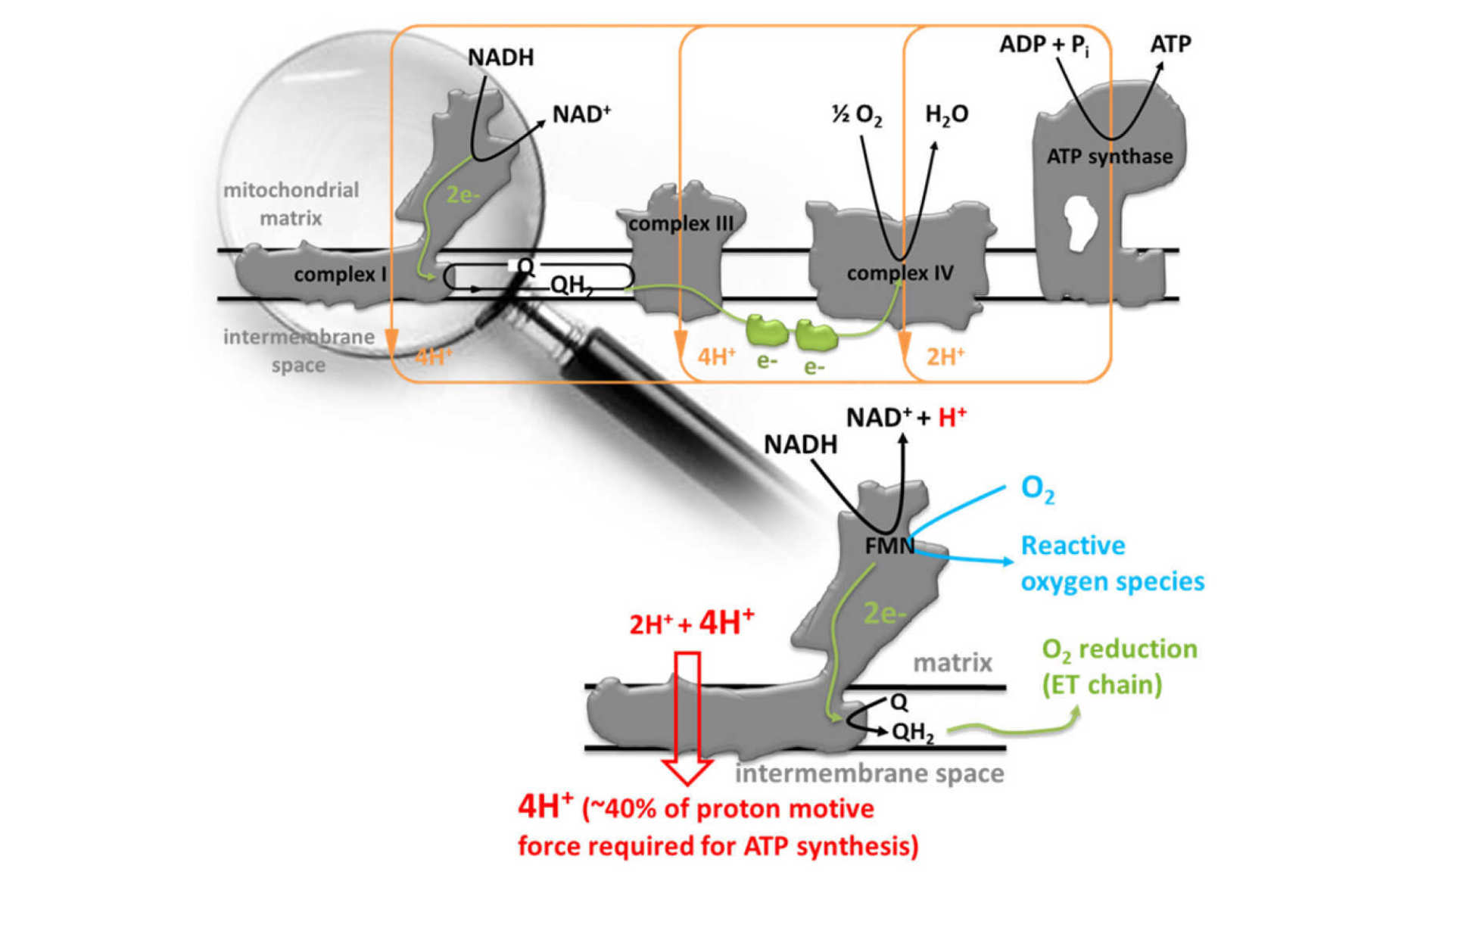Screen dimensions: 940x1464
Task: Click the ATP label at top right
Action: [x=1170, y=45]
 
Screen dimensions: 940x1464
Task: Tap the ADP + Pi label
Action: [x=1044, y=45]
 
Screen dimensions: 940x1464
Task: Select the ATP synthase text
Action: [x=1109, y=157]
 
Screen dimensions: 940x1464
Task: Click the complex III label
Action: [x=681, y=224]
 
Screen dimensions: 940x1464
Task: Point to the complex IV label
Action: [x=899, y=273]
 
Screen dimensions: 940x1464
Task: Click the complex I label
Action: [x=340, y=274]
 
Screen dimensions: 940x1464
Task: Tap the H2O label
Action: [x=946, y=114]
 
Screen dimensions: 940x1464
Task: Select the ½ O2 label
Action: [x=857, y=115]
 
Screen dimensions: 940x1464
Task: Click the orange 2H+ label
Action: [x=945, y=356]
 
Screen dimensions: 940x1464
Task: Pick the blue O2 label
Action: [x=1037, y=489]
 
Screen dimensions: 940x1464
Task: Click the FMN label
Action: [x=889, y=546]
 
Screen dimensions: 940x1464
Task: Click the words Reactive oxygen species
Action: [x=1111, y=563]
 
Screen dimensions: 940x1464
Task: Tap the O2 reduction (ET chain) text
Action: [x=1119, y=667]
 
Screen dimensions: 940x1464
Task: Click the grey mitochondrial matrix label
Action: [x=291, y=204]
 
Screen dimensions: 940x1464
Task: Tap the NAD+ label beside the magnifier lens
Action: [x=581, y=114]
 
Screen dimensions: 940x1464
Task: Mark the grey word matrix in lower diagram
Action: [x=952, y=663]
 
